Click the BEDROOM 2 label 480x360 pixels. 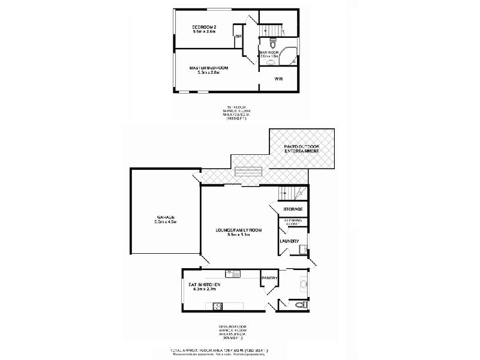(204, 27)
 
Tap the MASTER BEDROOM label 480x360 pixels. (209, 68)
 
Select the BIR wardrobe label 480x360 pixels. (238, 37)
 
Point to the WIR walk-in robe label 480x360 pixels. (278, 79)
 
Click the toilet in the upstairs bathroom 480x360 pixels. (272, 43)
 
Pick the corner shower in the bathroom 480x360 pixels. (292, 54)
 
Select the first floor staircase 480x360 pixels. (272, 29)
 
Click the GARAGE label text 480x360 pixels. (166, 217)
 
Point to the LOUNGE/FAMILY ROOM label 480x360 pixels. (239, 230)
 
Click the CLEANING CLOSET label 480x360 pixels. (293, 222)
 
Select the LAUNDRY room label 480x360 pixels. (289, 241)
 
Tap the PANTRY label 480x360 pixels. (268, 278)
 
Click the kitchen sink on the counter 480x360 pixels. (237, 274)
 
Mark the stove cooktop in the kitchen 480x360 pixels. (214, 306)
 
